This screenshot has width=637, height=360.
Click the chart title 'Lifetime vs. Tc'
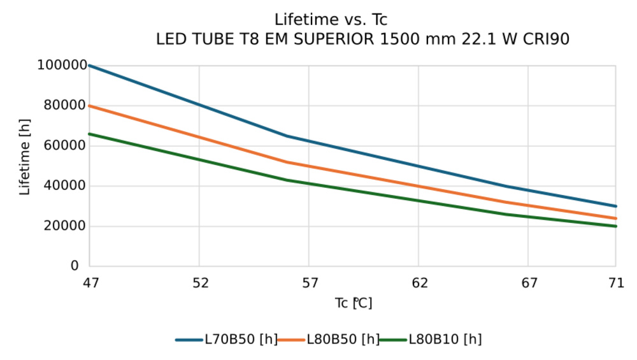[x=331, y=20]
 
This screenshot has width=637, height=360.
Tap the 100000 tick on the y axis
[x=62, y=65]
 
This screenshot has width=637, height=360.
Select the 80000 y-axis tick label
[x=65, y=105]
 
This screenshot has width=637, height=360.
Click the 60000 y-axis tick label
[x=65, y=145]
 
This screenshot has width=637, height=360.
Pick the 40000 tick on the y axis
[x=65, y=185]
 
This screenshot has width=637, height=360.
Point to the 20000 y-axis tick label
[x=65, y=226]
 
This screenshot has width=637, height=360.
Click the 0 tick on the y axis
[x=75, y=266]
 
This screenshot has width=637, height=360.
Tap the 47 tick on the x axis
[x=90, y=283]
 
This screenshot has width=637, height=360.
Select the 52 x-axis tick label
[x=200, y=283]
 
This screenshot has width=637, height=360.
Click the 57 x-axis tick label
[x=310, y=283]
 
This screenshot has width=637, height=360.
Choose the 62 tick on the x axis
[x=419, y=283]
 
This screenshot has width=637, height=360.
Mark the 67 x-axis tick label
[x=529, y=283]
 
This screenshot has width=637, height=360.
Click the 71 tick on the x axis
[x=616, y=283]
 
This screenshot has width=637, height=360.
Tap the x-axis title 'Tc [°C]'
[x=354, y=303]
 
